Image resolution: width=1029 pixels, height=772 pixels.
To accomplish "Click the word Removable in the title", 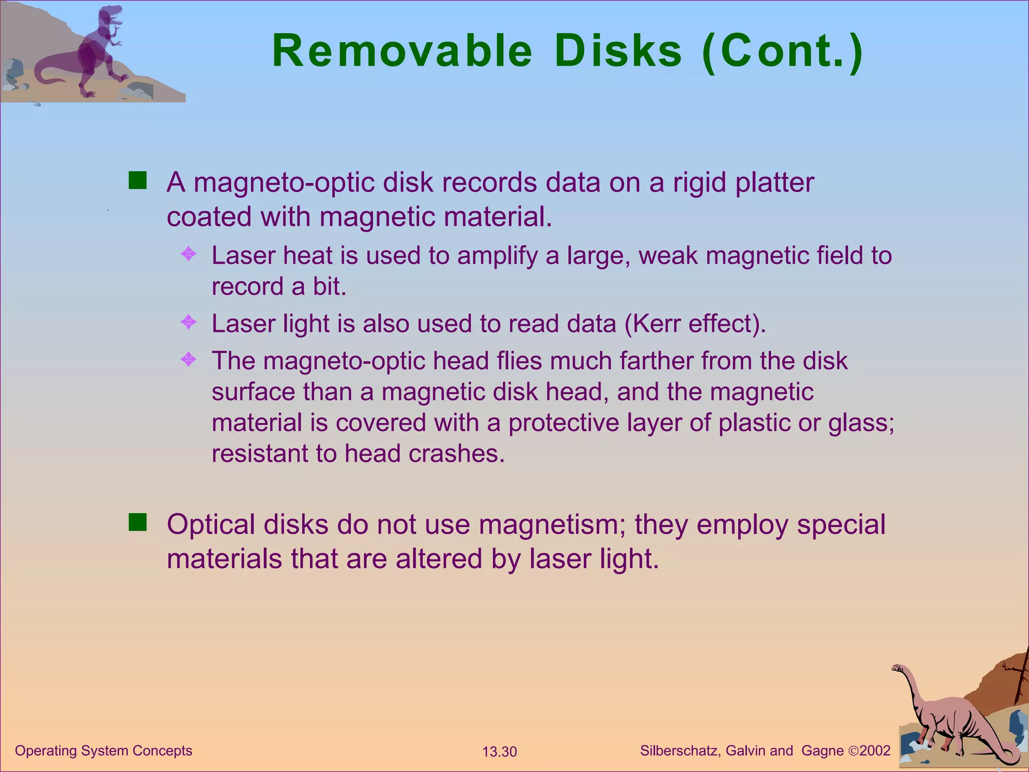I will click(402, 51).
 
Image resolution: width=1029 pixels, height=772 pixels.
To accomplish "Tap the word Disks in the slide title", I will click(618, 51).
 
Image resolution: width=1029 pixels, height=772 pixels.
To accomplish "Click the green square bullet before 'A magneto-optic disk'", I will click(137, 180).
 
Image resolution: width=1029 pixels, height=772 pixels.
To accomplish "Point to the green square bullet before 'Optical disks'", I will click(137, 522).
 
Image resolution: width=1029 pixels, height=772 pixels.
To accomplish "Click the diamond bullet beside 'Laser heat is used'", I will click(188, 254).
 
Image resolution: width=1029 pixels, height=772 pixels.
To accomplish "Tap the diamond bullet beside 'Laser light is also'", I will click(188, 322).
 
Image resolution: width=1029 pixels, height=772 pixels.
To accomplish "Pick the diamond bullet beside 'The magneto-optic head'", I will click(188, 359).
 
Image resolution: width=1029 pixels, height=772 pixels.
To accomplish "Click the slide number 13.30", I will click(499, 752).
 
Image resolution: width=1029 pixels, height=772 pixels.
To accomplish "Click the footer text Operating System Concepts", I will click(104, 751).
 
